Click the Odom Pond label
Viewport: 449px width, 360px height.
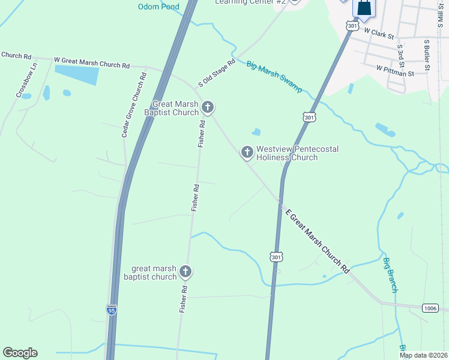pos(158,7)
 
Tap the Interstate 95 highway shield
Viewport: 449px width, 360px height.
pos(111,310)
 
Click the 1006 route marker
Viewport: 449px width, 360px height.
pos(430,308)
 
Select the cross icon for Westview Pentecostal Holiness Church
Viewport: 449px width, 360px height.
pos(247,152)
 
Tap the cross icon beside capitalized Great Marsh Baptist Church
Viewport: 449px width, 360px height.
pos(208,108)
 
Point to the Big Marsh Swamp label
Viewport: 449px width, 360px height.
pos(274,76)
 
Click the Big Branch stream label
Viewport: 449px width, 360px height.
pos(390,275)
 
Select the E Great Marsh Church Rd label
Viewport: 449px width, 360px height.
pos(317,241)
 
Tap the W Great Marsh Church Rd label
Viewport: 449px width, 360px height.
pos(92,61)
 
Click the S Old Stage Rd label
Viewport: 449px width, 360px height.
pos(217,73)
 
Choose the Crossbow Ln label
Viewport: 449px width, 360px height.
pos(26,80)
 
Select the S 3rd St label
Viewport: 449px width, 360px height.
pos(400,55)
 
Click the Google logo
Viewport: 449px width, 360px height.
pos(20,353)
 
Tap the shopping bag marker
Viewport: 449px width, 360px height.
pos(364,8)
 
